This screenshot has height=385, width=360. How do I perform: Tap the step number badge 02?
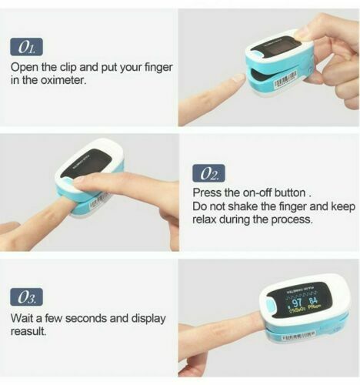click(x=208, y=173)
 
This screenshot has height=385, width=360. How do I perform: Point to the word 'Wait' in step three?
click(x=24, y=317)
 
